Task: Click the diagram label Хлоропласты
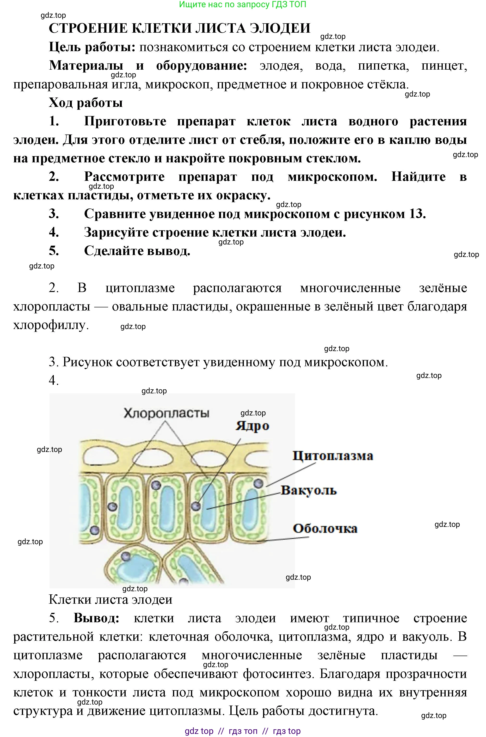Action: coord(166,413)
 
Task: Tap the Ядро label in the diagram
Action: coord(252,426)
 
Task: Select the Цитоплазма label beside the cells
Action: coord(333,456)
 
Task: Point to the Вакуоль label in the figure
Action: coord(309,490)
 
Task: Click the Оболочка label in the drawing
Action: coord(325,528)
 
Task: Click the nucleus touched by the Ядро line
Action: coord(196,506)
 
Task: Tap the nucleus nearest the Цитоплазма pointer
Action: coord(258,483)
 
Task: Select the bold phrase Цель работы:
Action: coord(92,47)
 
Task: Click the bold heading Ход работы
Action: coord(86,103)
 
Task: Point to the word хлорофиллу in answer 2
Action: coord(51,325)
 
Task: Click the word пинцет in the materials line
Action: coord(444,66)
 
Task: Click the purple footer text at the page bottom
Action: coord(243,731)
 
